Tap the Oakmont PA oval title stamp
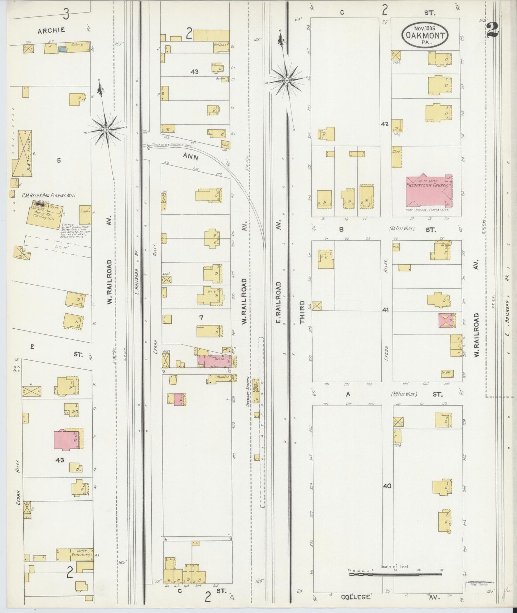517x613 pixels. (425, 35)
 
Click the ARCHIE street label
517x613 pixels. (52, 30)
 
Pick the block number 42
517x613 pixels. (384, 124)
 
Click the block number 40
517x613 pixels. (387, 486)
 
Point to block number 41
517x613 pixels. (385, 310)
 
